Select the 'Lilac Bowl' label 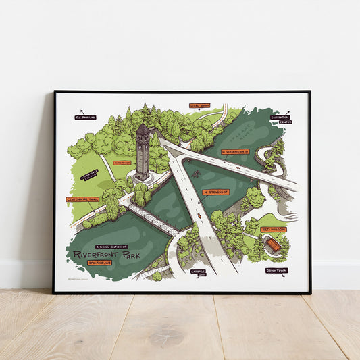(200, 105)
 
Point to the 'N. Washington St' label (236, 152)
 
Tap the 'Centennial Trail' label (82, 199)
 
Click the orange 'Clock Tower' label (122, 162)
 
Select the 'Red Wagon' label (274, 229)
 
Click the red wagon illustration (273, 245)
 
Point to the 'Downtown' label (276, 270)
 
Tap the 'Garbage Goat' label (198, 273)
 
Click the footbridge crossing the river (153, 219)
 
